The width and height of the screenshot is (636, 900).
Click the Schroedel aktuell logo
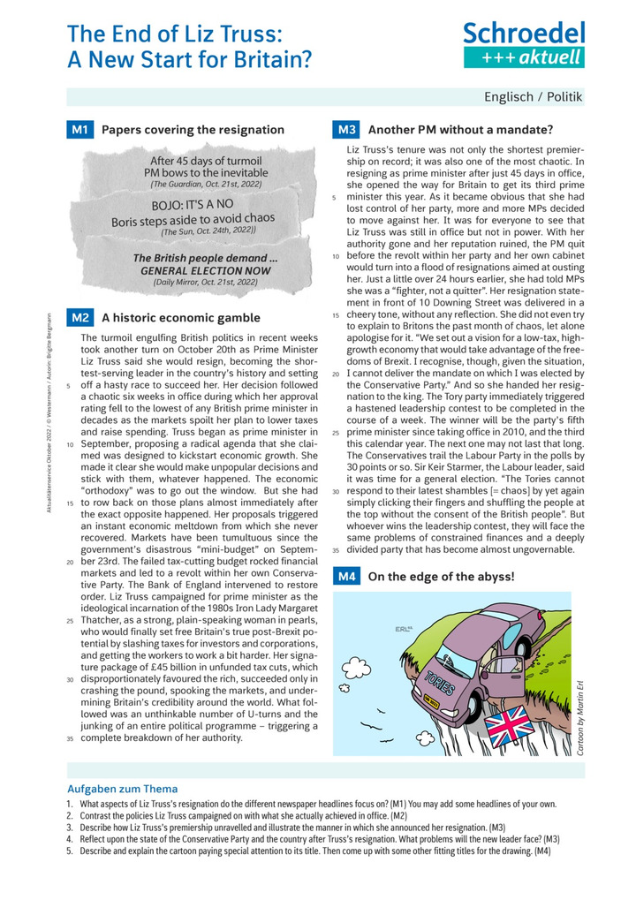coord(524,44)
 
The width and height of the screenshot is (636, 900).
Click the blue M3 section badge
coord(346,130)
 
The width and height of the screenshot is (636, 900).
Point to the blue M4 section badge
coord(346,578)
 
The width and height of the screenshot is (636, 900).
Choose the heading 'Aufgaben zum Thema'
coord(122,789)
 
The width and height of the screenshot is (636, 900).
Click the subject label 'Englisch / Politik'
coord(533,96)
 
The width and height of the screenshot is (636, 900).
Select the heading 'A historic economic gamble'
coord(181,318)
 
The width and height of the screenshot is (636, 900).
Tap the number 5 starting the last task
coord(69,851)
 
